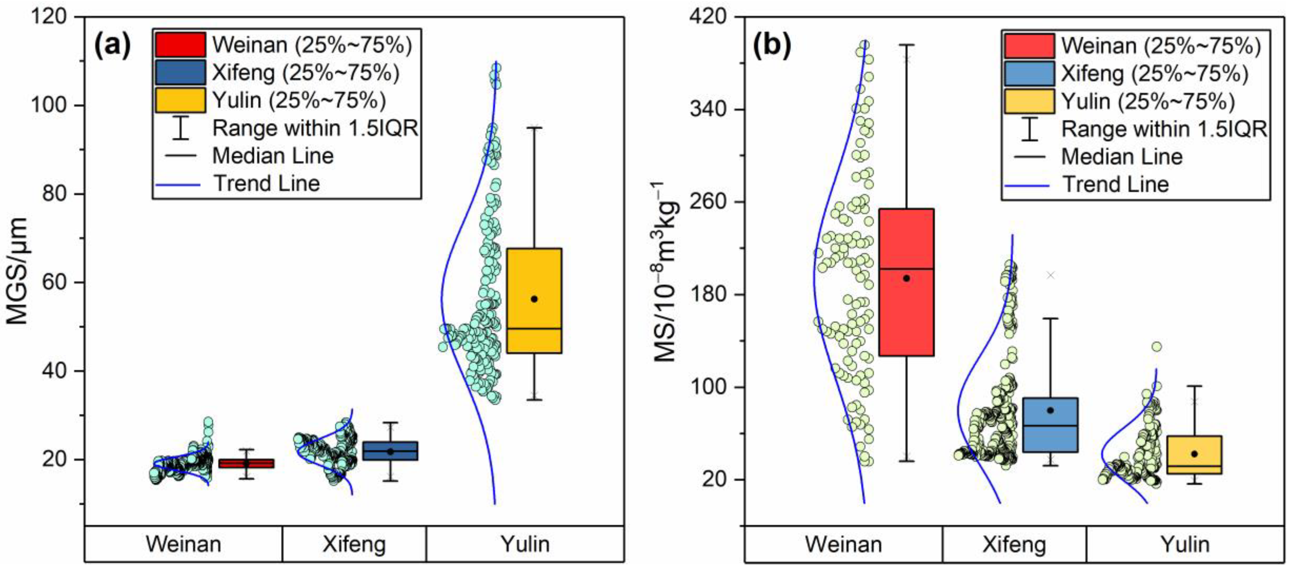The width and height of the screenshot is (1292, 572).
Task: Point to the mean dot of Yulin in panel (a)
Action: (x=534, y=299)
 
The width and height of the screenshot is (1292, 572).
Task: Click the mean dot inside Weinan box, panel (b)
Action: (x=906, y=278)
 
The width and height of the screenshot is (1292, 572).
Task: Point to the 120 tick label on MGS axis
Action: (x=49, y=16)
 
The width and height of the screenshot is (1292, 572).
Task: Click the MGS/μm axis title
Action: (x=16, y=271)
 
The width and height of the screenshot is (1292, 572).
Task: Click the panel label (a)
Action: (x=113, y=45)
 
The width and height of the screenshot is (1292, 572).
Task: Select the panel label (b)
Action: (x=773, y=45)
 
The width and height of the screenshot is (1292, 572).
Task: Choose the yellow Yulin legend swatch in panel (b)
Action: (x=1029, y=101)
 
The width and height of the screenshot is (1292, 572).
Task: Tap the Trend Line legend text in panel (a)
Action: (x=267, y=184)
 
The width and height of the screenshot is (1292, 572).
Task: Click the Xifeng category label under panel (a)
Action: (x=354, y=544)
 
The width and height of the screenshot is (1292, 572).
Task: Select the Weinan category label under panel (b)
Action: (x=844, y=544)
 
